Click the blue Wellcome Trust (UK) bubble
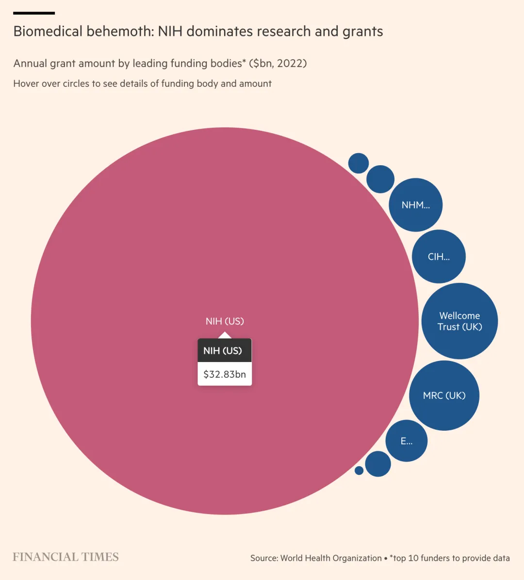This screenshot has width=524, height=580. pos(459,321)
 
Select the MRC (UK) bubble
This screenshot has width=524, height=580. pos(444,395)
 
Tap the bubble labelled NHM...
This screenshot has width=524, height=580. pos(415,205)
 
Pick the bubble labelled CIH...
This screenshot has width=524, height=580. pos(439,257)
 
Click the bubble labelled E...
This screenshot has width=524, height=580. pos(407,441)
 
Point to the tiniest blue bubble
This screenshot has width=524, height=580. pos(359,470)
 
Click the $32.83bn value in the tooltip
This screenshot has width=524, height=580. pos(225,374)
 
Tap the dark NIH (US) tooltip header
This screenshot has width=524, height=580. pos(223,350)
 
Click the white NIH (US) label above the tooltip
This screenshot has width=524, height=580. pos(225,321)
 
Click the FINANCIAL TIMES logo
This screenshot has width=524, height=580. pos(65,557)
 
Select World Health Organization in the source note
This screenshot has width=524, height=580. pos(331,558)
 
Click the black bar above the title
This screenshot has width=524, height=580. pos(34,13)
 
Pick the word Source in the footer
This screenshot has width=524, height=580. pos(263,558)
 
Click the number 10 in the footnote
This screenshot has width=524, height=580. pos(413,558)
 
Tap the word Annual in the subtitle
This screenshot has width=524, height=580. pos(30,63)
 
